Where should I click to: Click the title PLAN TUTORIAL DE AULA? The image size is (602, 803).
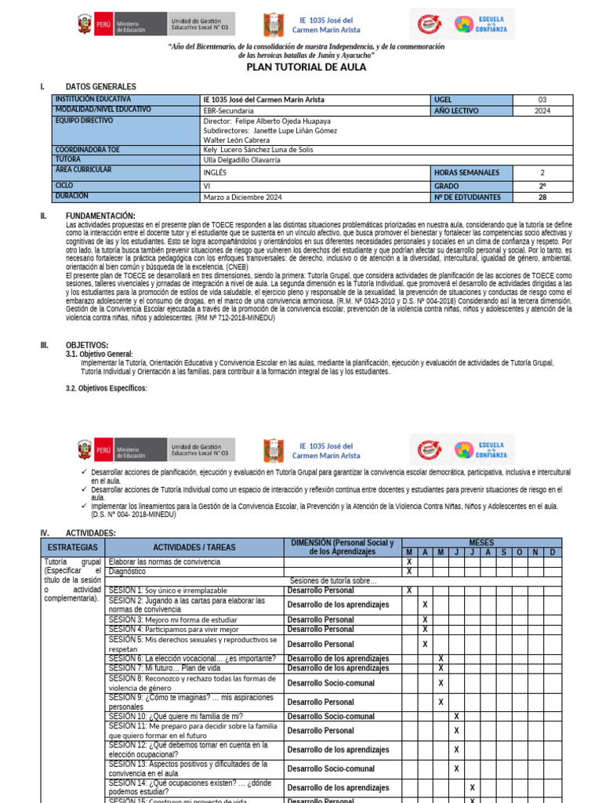pos(306,67)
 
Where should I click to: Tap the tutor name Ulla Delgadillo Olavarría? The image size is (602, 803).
pos(241,160)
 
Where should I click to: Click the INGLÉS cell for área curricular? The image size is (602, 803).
pos(215,173)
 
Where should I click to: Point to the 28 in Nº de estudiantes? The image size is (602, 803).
pos(542,197)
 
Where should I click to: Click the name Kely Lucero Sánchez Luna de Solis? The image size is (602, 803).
pos(259,149)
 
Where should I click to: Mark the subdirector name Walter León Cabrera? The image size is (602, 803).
pos(238,140)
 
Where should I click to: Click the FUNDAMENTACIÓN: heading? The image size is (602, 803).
pos(100,216)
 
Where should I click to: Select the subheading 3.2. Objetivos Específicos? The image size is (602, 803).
pos(106,388)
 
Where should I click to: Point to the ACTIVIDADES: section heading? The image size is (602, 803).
pos(90,532)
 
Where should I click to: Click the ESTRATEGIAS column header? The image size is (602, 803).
pos(72,547)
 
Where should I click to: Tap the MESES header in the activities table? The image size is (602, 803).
pos(481,542)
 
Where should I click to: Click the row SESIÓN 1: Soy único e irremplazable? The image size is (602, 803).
pos(168,590)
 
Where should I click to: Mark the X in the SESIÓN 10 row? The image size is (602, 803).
pos(456,716)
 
